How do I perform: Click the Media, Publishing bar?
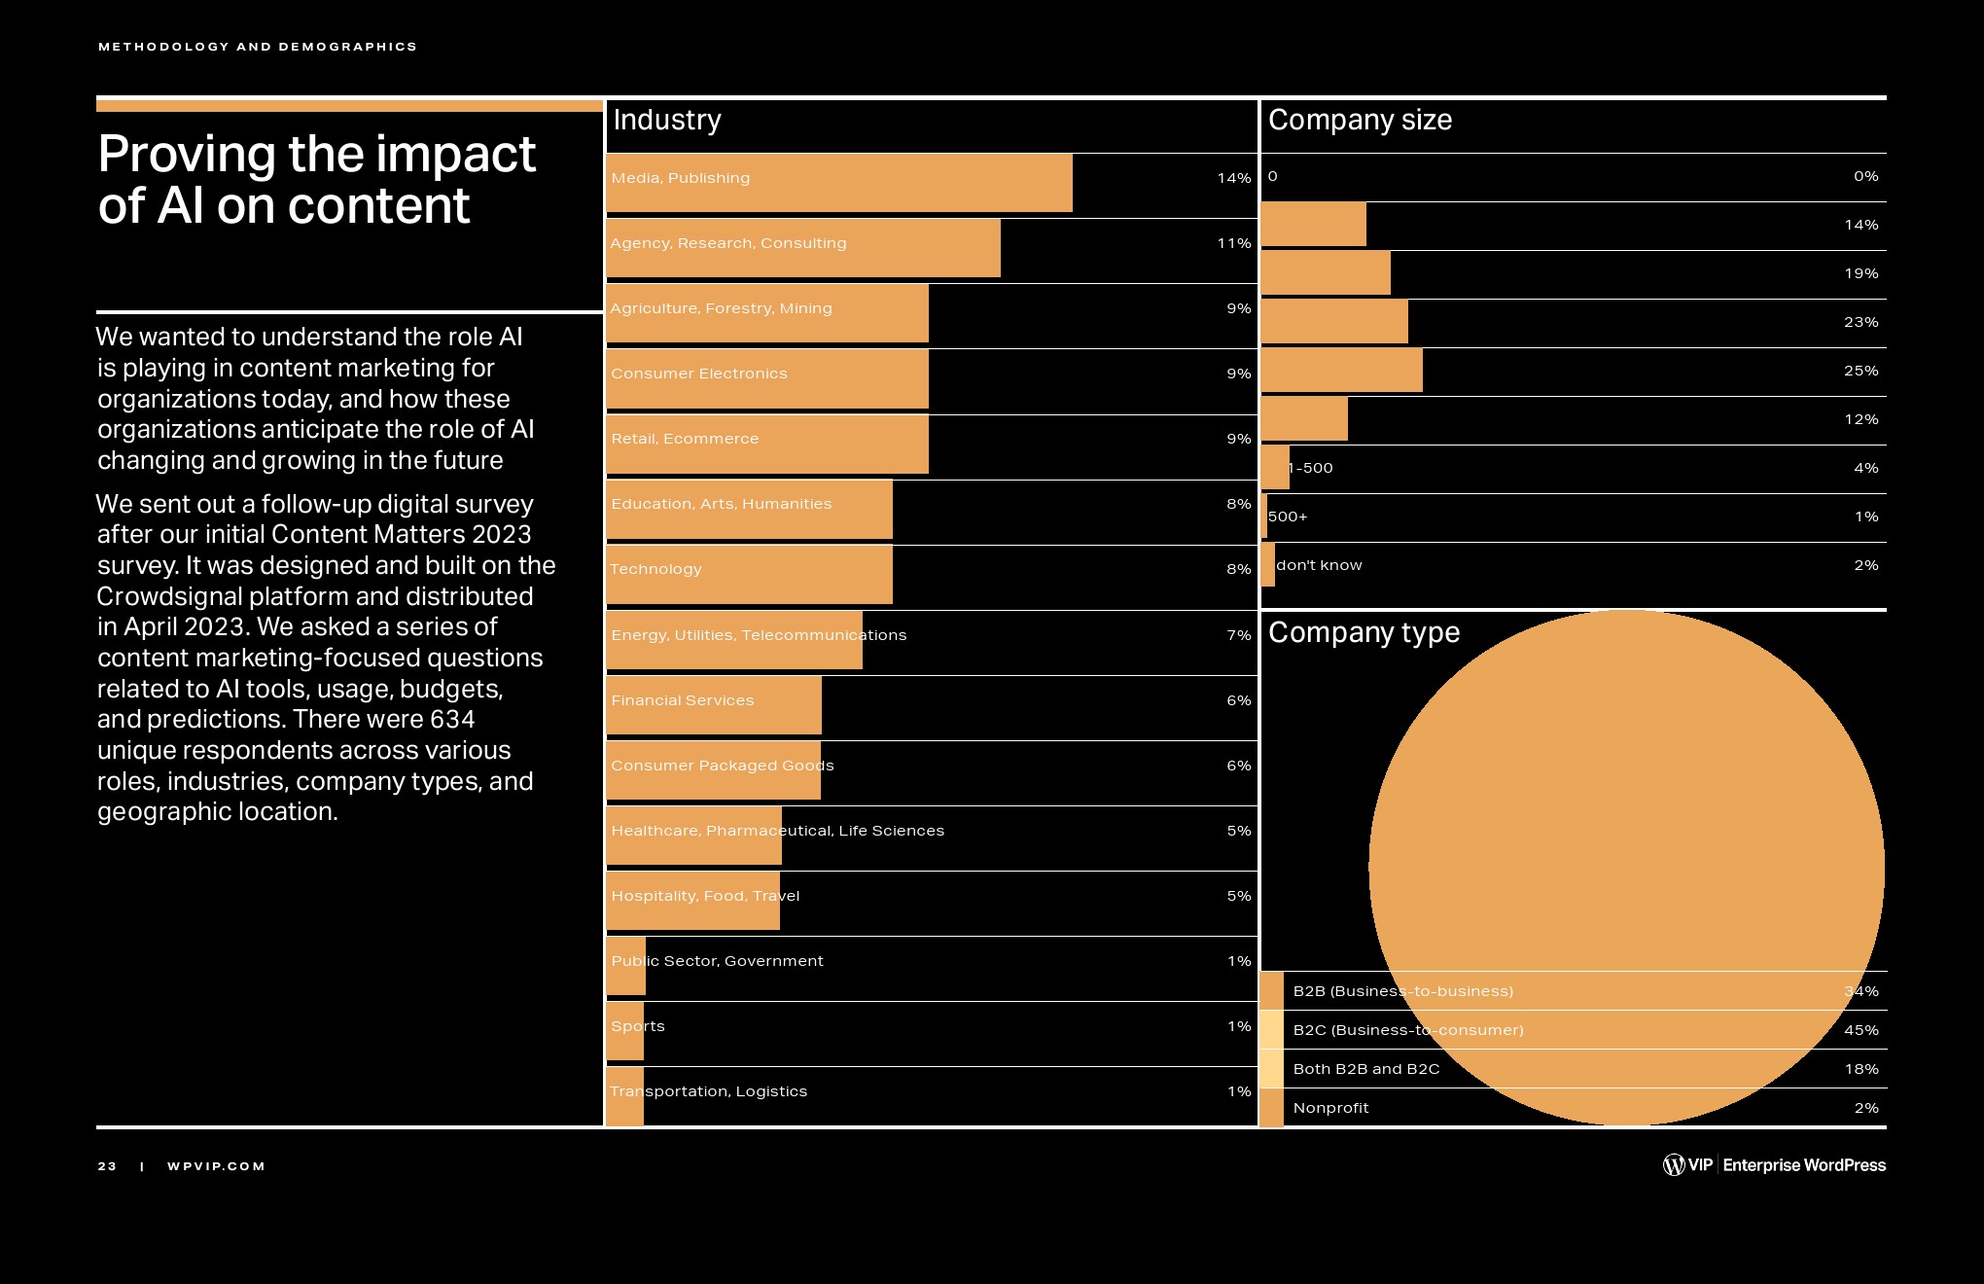838,183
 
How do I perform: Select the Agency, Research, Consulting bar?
803,248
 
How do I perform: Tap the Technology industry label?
655,569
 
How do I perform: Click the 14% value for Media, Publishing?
1233,178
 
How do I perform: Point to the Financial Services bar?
714,705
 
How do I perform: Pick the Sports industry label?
638,1026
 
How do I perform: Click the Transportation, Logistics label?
709,1091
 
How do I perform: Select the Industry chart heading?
667,120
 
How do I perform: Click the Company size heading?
1360,120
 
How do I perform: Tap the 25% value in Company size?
1860,371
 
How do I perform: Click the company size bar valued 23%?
1334,322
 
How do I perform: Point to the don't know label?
1319,565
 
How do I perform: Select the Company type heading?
1364,632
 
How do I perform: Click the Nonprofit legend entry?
1330,1108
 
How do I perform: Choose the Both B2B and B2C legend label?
1366,1069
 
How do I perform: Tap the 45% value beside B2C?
1860,1030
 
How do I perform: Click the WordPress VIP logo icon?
1674,1164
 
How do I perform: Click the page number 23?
107,1166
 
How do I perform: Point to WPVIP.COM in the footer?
216,1166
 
